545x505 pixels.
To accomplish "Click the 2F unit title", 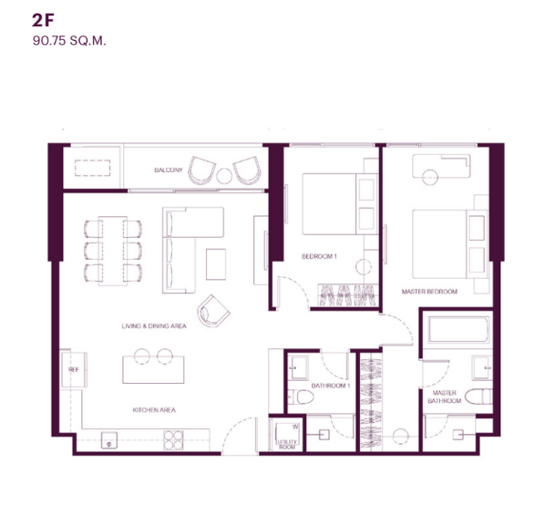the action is click(x=43, y=20).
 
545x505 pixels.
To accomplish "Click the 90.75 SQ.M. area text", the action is click(x=69, y=41).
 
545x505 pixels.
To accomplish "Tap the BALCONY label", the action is click(x=169, y=170).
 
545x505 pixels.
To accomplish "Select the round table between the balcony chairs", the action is click(x=224, y=176).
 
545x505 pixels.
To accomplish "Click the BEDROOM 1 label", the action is click(x=319, y=256).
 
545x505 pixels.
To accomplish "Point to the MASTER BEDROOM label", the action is click(x=429, y=292).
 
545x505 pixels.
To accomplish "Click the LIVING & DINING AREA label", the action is click(x=154, y=326).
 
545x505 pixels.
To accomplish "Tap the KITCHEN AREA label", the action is click(x=154, y=410).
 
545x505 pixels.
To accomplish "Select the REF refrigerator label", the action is click(x=74, y=370).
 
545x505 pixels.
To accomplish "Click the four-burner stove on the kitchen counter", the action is click(x=173, y=440).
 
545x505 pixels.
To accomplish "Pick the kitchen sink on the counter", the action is click(x=109, y=440).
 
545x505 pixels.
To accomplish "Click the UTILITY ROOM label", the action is click(x=287, y=444).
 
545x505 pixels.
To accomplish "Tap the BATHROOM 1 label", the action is click(x=331, y=386).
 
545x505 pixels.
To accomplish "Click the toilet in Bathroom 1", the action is click(x=301, y=397).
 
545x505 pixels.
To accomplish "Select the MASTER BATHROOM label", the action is click(x=444, y=397).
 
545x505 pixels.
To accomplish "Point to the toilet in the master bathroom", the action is click(x=478, y=397).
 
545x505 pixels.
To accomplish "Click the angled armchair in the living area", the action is click(x=213, y=311).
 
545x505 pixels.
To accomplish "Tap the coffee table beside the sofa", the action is click(x=216, y=264).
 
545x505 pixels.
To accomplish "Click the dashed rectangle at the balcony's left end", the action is click(x=92, y=168).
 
